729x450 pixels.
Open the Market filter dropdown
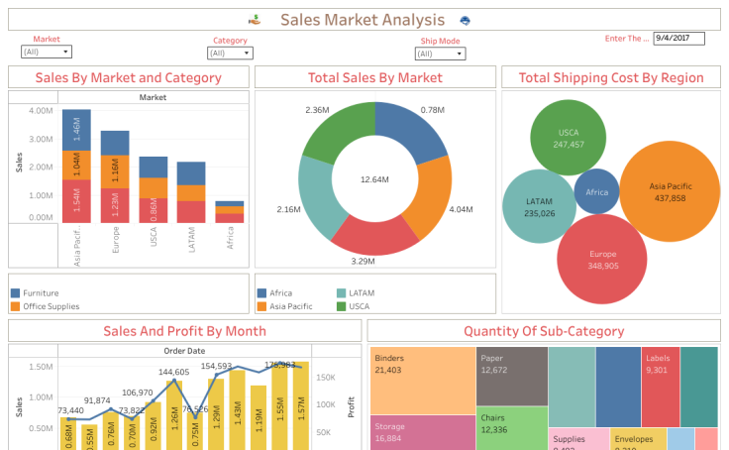[x=47, y=52]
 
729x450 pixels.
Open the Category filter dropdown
[x=230, y=54]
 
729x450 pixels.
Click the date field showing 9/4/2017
[x=678, y=39]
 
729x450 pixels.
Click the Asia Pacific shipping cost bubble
[x=671, y=191]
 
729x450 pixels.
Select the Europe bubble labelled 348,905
[x=602, y=259]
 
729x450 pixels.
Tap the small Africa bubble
[x=597, y=192]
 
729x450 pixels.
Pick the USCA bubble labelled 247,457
[x=569, y=139]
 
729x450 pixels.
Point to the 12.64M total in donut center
[x=375, y=179]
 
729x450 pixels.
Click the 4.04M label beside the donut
[x=462, y=210]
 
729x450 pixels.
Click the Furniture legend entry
[x=40, y=293]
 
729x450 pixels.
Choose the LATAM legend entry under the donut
[x=361, y=293]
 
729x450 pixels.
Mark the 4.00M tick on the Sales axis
[x=41, y=111]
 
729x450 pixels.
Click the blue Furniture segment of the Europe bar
[x=115, y=142]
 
